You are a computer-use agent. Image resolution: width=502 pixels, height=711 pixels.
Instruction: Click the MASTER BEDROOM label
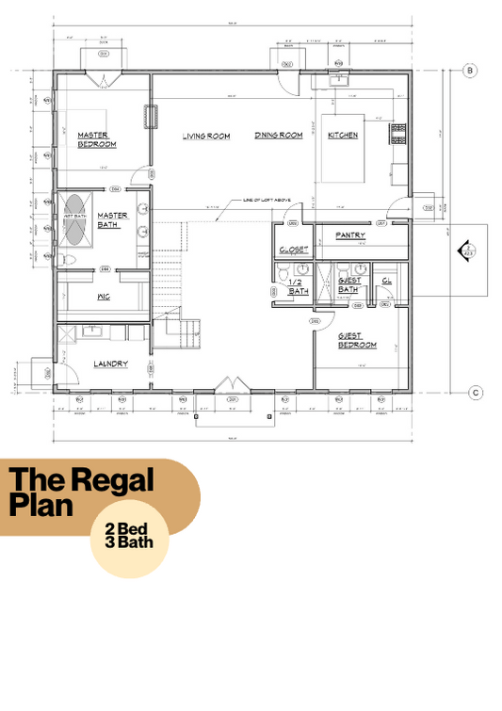pyautogui.click(x=97, y=139)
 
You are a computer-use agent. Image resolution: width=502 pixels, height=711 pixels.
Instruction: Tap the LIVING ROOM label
pyautogui.click(x=206, y=137)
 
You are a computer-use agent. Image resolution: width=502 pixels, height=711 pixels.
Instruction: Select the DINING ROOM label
pyautogui.click(x=278, y=137)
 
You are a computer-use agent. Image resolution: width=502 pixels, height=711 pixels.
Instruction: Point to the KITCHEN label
pyautogui.click(x=343, y=136)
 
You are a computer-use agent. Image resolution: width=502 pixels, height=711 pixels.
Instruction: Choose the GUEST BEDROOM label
pyautogui.click(x=358, y=341)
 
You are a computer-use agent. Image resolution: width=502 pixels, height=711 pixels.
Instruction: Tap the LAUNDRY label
pyautogui.click(x=110, y=364)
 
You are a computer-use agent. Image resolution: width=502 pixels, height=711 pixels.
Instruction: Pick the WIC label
pyautogui.click(x=105, y=297)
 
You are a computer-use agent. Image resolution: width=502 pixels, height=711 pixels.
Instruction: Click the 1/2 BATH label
pyautogui.click(x=299, y=287)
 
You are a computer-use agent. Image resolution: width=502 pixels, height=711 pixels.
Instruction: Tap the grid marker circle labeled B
pyautogui.click(x=477, y=71)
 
